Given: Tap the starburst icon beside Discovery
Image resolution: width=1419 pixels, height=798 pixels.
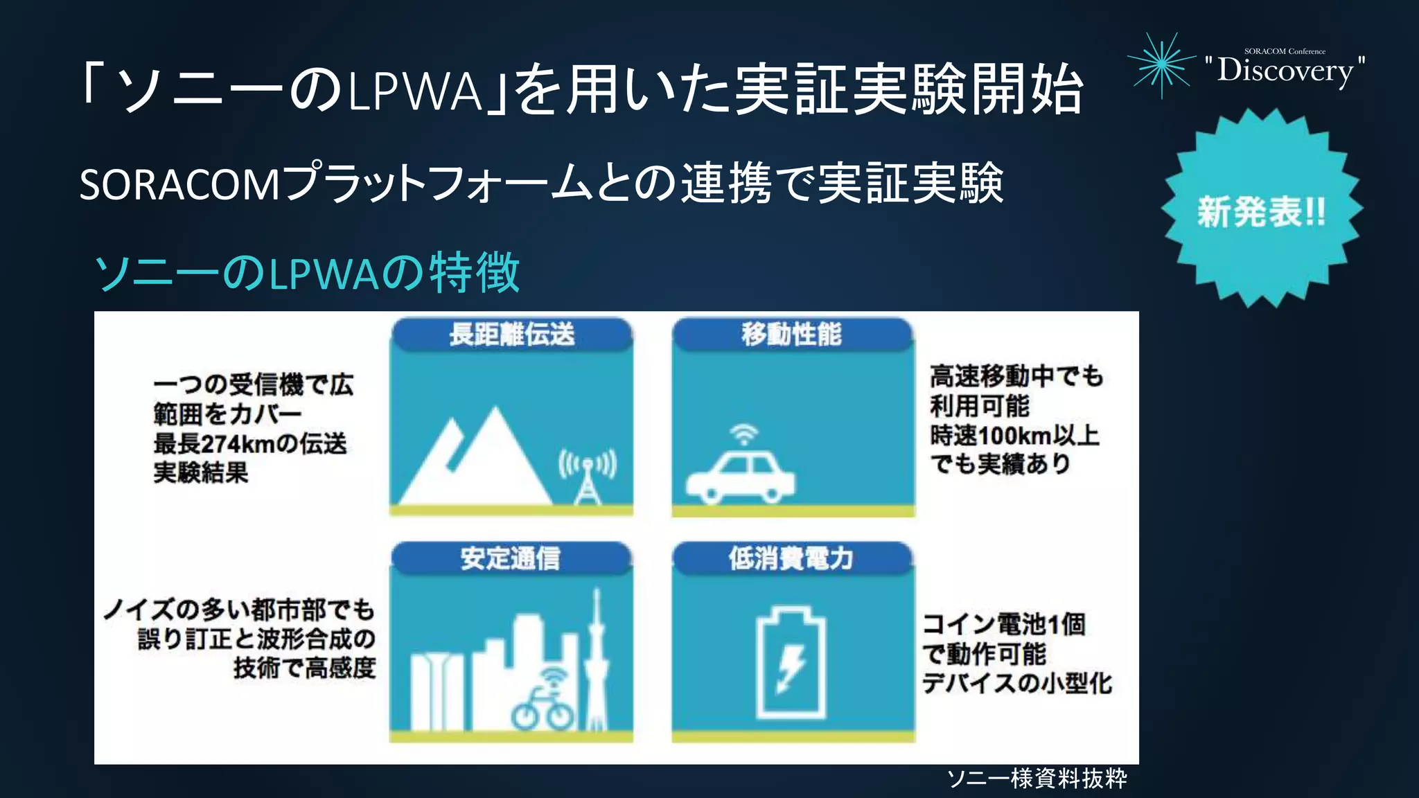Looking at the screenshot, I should click(x=1162, y=64).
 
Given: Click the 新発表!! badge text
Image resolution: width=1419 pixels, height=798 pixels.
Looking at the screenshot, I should click(x=1261, y=211).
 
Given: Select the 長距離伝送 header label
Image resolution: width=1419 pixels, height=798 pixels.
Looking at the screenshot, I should click(x=511, y=334).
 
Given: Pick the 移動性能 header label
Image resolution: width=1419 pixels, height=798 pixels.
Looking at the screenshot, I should click(x=791, y=334).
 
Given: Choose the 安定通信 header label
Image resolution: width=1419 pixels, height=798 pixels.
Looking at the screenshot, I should click(x=511, y=558).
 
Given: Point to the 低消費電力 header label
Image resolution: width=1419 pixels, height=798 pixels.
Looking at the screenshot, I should click(x=791, y=558).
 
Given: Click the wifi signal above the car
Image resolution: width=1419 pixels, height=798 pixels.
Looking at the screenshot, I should click(x=744, y=434).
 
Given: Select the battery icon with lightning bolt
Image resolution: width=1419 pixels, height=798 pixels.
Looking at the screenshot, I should click(x=791, y=663).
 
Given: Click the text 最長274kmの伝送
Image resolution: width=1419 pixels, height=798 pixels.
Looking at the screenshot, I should click(x=250, y=443).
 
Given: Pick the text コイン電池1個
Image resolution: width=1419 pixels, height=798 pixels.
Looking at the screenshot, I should click(x=1004, y=624).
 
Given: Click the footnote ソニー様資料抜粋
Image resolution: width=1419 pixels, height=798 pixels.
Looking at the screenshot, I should click(x=1037, y=779).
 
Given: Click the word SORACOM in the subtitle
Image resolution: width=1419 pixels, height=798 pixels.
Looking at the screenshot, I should click(x=179, y=185).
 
